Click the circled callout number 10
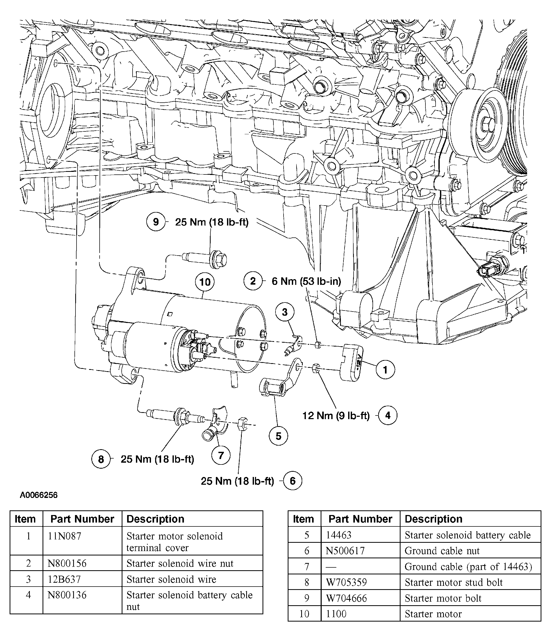tap(205, 282)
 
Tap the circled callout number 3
tap(285, 312)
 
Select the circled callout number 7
tap(221, 455)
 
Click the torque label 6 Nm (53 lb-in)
tap(306, 281)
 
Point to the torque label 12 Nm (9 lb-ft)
tap(336, 415)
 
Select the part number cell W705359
tap(346, 582)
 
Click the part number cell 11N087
tap(64, 536)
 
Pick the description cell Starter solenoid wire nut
tap(180, 563)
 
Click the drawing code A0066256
tap(39, 495)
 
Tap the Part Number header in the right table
tap(360, 519)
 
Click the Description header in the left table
tap(155, 519)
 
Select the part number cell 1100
tap(336, 614)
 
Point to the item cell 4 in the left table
tap(28, 595)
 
